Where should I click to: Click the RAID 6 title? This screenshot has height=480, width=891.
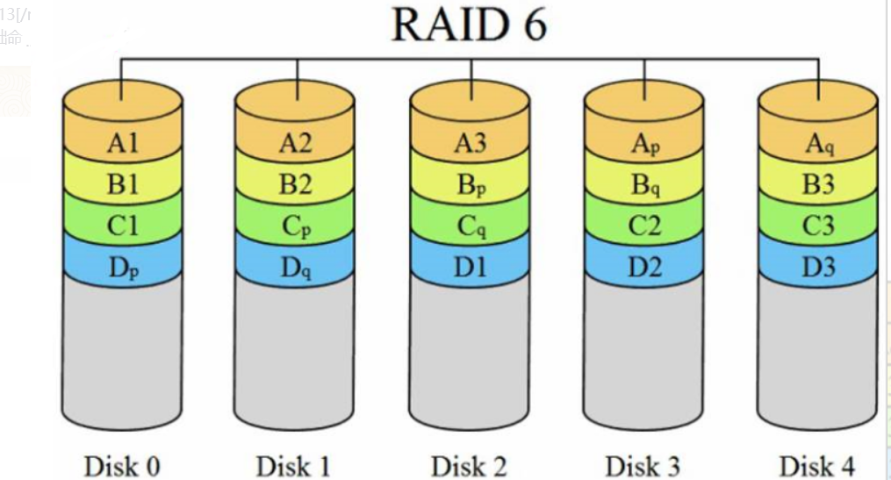(469, 25)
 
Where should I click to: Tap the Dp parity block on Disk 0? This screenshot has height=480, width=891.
(122, 267)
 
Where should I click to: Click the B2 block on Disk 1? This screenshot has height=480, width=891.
(296, 184)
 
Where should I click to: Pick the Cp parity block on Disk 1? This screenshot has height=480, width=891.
(296, 226)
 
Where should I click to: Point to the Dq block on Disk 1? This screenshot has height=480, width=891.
(296, 267)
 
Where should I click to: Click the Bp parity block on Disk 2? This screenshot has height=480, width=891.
(470, 184)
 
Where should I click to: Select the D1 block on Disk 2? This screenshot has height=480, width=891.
(470, 267)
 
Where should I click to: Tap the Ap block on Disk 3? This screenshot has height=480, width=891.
(643, 143)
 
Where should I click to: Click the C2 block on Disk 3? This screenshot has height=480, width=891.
(643, 226)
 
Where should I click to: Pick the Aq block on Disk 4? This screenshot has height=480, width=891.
(818, 143)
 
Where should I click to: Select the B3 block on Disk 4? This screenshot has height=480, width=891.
(818, 184)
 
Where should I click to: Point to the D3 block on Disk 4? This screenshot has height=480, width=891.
(818, 267)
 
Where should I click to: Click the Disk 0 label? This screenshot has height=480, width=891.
(122, 464)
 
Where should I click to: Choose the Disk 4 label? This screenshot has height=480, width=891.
(817, 464)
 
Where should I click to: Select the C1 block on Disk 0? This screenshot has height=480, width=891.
(122, 226)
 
